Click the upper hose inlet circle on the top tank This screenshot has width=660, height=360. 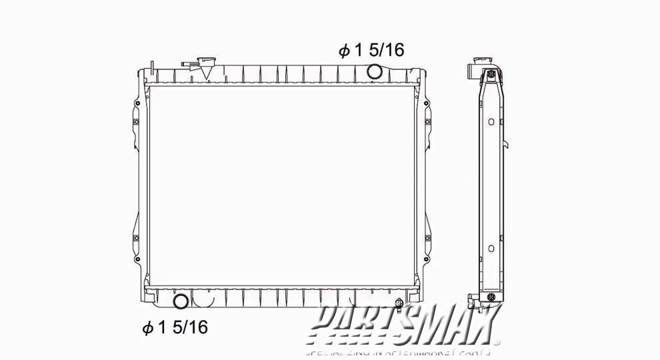[375, 71]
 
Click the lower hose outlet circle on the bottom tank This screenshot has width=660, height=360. [180, 301]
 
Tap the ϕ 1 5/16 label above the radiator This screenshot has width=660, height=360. [371, 51]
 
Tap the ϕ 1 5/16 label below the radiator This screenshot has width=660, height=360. [175, 327]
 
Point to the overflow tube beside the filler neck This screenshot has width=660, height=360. [189, 65]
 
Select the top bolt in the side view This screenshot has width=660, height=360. [491, 73]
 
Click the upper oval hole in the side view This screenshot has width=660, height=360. [491, 122]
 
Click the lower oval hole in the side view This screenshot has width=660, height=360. [491, 248]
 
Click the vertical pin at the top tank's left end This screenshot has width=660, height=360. [153, 67]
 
